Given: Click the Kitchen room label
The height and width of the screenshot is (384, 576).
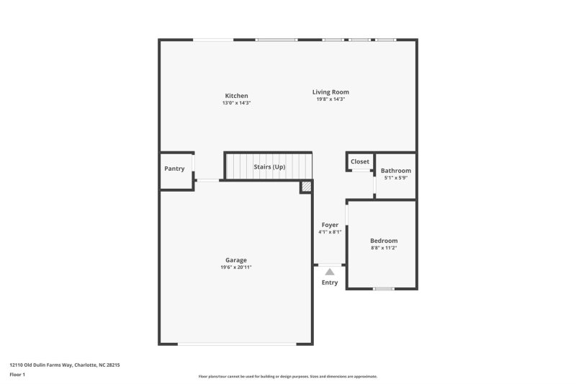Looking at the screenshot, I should click(x=236, y=96).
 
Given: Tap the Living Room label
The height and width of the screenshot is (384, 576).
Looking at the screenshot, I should click(x=330, y=91).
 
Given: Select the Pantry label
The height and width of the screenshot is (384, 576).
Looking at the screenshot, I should click(x=174, y=169).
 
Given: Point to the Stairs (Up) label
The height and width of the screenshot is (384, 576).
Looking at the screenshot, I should click(x=269, y=166).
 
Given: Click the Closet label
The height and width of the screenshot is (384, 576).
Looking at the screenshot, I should click(x=360, y=161).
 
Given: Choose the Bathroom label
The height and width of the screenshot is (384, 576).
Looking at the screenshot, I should click(x=395, y=171).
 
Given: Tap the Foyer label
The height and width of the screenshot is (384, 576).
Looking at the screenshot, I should click(x=330, y=225).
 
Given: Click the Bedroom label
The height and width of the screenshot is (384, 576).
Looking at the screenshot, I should click(x=384, y=241).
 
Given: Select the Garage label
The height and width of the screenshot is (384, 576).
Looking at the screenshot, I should click(x=236, y=260).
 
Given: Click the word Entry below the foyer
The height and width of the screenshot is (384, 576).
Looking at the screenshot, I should click(x=329, y=282).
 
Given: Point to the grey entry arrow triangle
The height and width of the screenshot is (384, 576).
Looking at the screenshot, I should click(x=330, y=272).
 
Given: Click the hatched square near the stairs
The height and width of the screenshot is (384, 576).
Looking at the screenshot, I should click(x=306, y=186).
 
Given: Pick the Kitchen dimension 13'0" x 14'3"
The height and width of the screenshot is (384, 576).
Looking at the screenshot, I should click(x=236, y=103).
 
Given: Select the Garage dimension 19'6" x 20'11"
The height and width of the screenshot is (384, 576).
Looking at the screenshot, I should click(x=236, y=267).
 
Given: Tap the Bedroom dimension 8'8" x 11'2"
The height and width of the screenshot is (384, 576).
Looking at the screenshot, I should click(x=384, y=248).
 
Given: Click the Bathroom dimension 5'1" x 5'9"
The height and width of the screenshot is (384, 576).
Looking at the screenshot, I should click(x=395, y=178).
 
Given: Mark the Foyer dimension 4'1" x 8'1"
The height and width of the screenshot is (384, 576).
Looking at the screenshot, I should click(x=330, y=232).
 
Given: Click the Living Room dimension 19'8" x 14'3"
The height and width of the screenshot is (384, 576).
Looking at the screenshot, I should click(x=330, y=99).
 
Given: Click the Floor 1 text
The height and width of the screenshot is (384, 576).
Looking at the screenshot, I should click(x=17, y=375).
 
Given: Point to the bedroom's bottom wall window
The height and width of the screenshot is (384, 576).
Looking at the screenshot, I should click(x=384, y=289).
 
